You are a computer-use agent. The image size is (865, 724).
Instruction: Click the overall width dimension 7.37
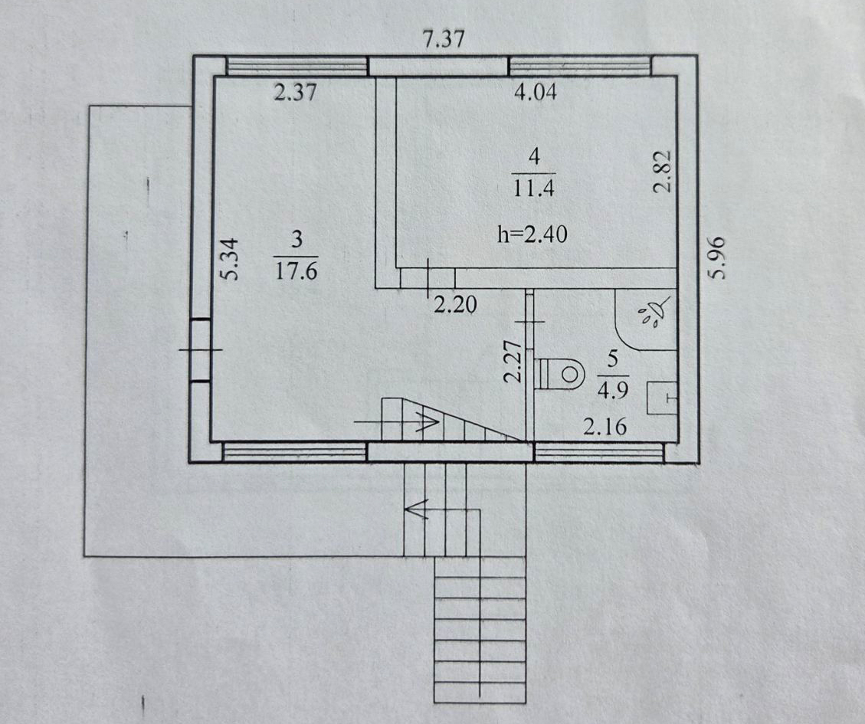(x=443, y=39)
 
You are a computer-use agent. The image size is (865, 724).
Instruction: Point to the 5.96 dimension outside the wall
(x=716, y=257)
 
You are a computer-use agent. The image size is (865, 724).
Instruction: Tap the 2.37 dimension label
(x=296, y=92)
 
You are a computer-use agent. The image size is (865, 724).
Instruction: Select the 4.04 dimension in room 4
(x=535, y=92)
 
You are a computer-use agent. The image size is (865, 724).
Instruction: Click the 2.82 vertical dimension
(x=663, y=171)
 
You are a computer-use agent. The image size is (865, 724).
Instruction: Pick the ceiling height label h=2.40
(x=532, y=234)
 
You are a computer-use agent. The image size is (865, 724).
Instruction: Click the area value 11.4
(x=533, y=188)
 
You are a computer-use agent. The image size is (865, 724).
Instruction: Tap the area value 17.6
(x=297, y=271)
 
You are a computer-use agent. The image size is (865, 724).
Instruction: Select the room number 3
(x=297, y=240)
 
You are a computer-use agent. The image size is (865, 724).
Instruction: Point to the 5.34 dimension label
(x=231, y=259)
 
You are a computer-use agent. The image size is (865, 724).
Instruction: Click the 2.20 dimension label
(x=455, y=304)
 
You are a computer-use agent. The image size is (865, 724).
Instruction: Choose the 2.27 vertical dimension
(x=513, y=362)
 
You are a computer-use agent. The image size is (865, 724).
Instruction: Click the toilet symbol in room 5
(x=559, y=375)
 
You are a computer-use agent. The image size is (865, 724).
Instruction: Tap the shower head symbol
(x=654, y=313)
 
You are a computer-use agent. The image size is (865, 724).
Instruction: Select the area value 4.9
(x=613, y=391)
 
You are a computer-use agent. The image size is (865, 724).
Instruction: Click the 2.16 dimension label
(x=605, y=427)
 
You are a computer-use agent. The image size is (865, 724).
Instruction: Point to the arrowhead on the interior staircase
(x=428, y=421)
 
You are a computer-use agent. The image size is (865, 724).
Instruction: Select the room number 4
(x=534, y=157)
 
